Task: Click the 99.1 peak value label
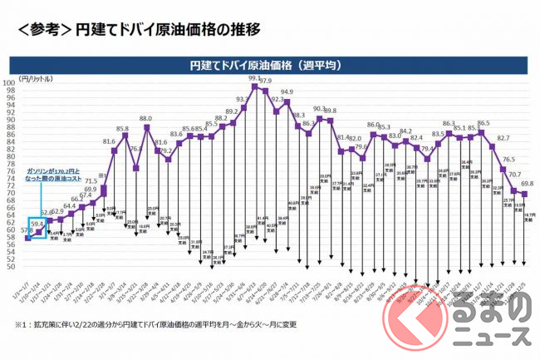[254, 79]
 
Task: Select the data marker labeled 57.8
[27, 239]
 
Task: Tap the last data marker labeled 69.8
[524, 195]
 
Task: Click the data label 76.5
[508, 160]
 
